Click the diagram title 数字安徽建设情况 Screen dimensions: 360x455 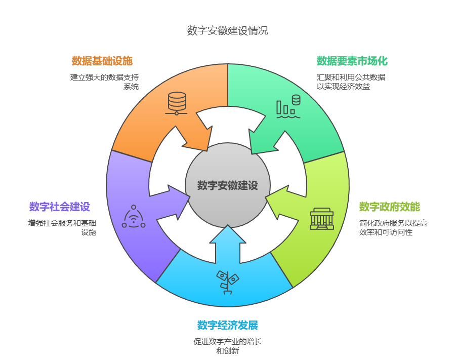coord(227,30)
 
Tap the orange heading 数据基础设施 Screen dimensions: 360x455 coord(102,61)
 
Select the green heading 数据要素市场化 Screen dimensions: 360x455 coord(352,61)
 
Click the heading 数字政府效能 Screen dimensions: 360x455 coord(389,207)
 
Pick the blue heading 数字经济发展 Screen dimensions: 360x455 coord(227,325)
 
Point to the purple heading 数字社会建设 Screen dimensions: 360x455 coord(60,207)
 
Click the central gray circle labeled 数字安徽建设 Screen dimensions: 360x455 coord(227,185)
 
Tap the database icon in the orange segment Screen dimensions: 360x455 coord(177,103)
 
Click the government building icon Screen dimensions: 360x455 coord(322,219)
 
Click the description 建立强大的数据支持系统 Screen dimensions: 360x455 coord(104,82)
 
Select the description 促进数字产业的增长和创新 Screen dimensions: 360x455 coord(227,346)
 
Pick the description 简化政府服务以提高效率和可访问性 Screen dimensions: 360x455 coord(393,227)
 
